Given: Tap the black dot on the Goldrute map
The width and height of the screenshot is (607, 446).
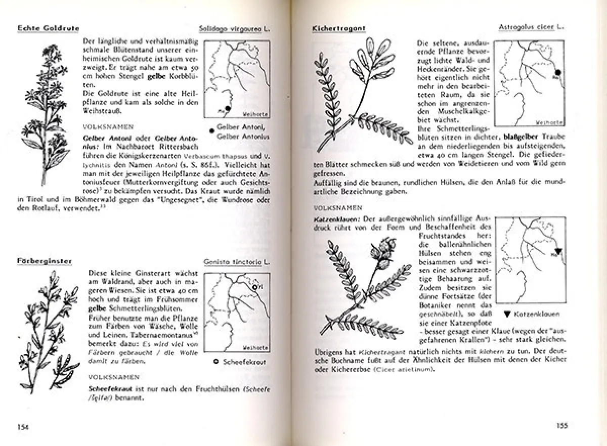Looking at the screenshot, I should click(x=228, y=109).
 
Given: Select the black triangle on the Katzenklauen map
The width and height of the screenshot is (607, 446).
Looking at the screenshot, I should click(x=558, y=251).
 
